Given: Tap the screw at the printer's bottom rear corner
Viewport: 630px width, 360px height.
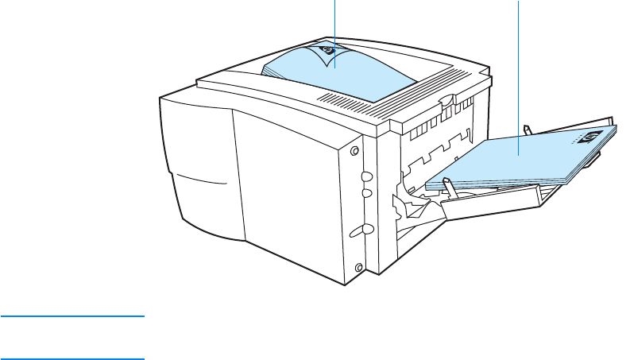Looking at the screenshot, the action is click(x=359, y=266).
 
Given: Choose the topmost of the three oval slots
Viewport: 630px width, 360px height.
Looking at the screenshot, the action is click(x=367, y=177).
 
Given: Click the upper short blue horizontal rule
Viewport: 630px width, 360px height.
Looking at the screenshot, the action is click(x=72, y=317).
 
